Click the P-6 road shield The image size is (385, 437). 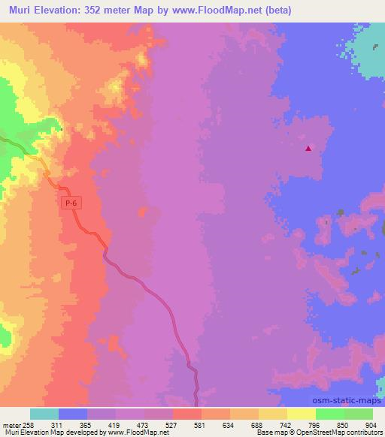pos(70,203)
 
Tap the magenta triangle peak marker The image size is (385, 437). pos(308,148)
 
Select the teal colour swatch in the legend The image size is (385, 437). pos(44,414)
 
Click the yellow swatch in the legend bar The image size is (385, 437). pos(301,414)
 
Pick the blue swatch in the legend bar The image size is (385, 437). pos(73,414)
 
